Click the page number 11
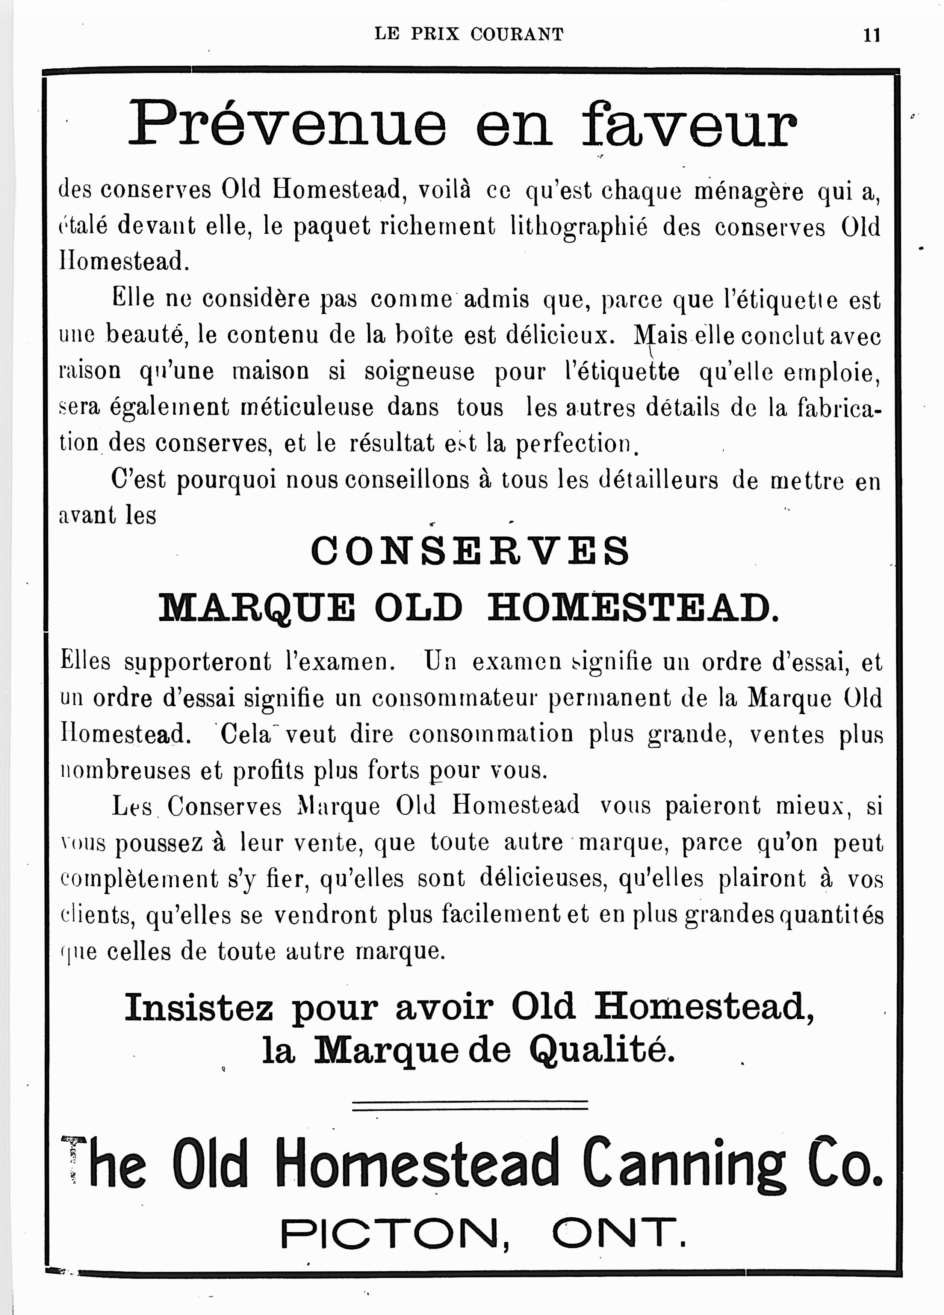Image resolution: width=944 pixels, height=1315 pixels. coord(871,35)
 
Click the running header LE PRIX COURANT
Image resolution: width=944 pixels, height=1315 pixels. coord(469,34)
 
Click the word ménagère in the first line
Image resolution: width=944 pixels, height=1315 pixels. coord(749,191)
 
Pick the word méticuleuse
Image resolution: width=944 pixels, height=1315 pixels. coord(307,408)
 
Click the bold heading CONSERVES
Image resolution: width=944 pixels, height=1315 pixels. coord(470,551)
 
